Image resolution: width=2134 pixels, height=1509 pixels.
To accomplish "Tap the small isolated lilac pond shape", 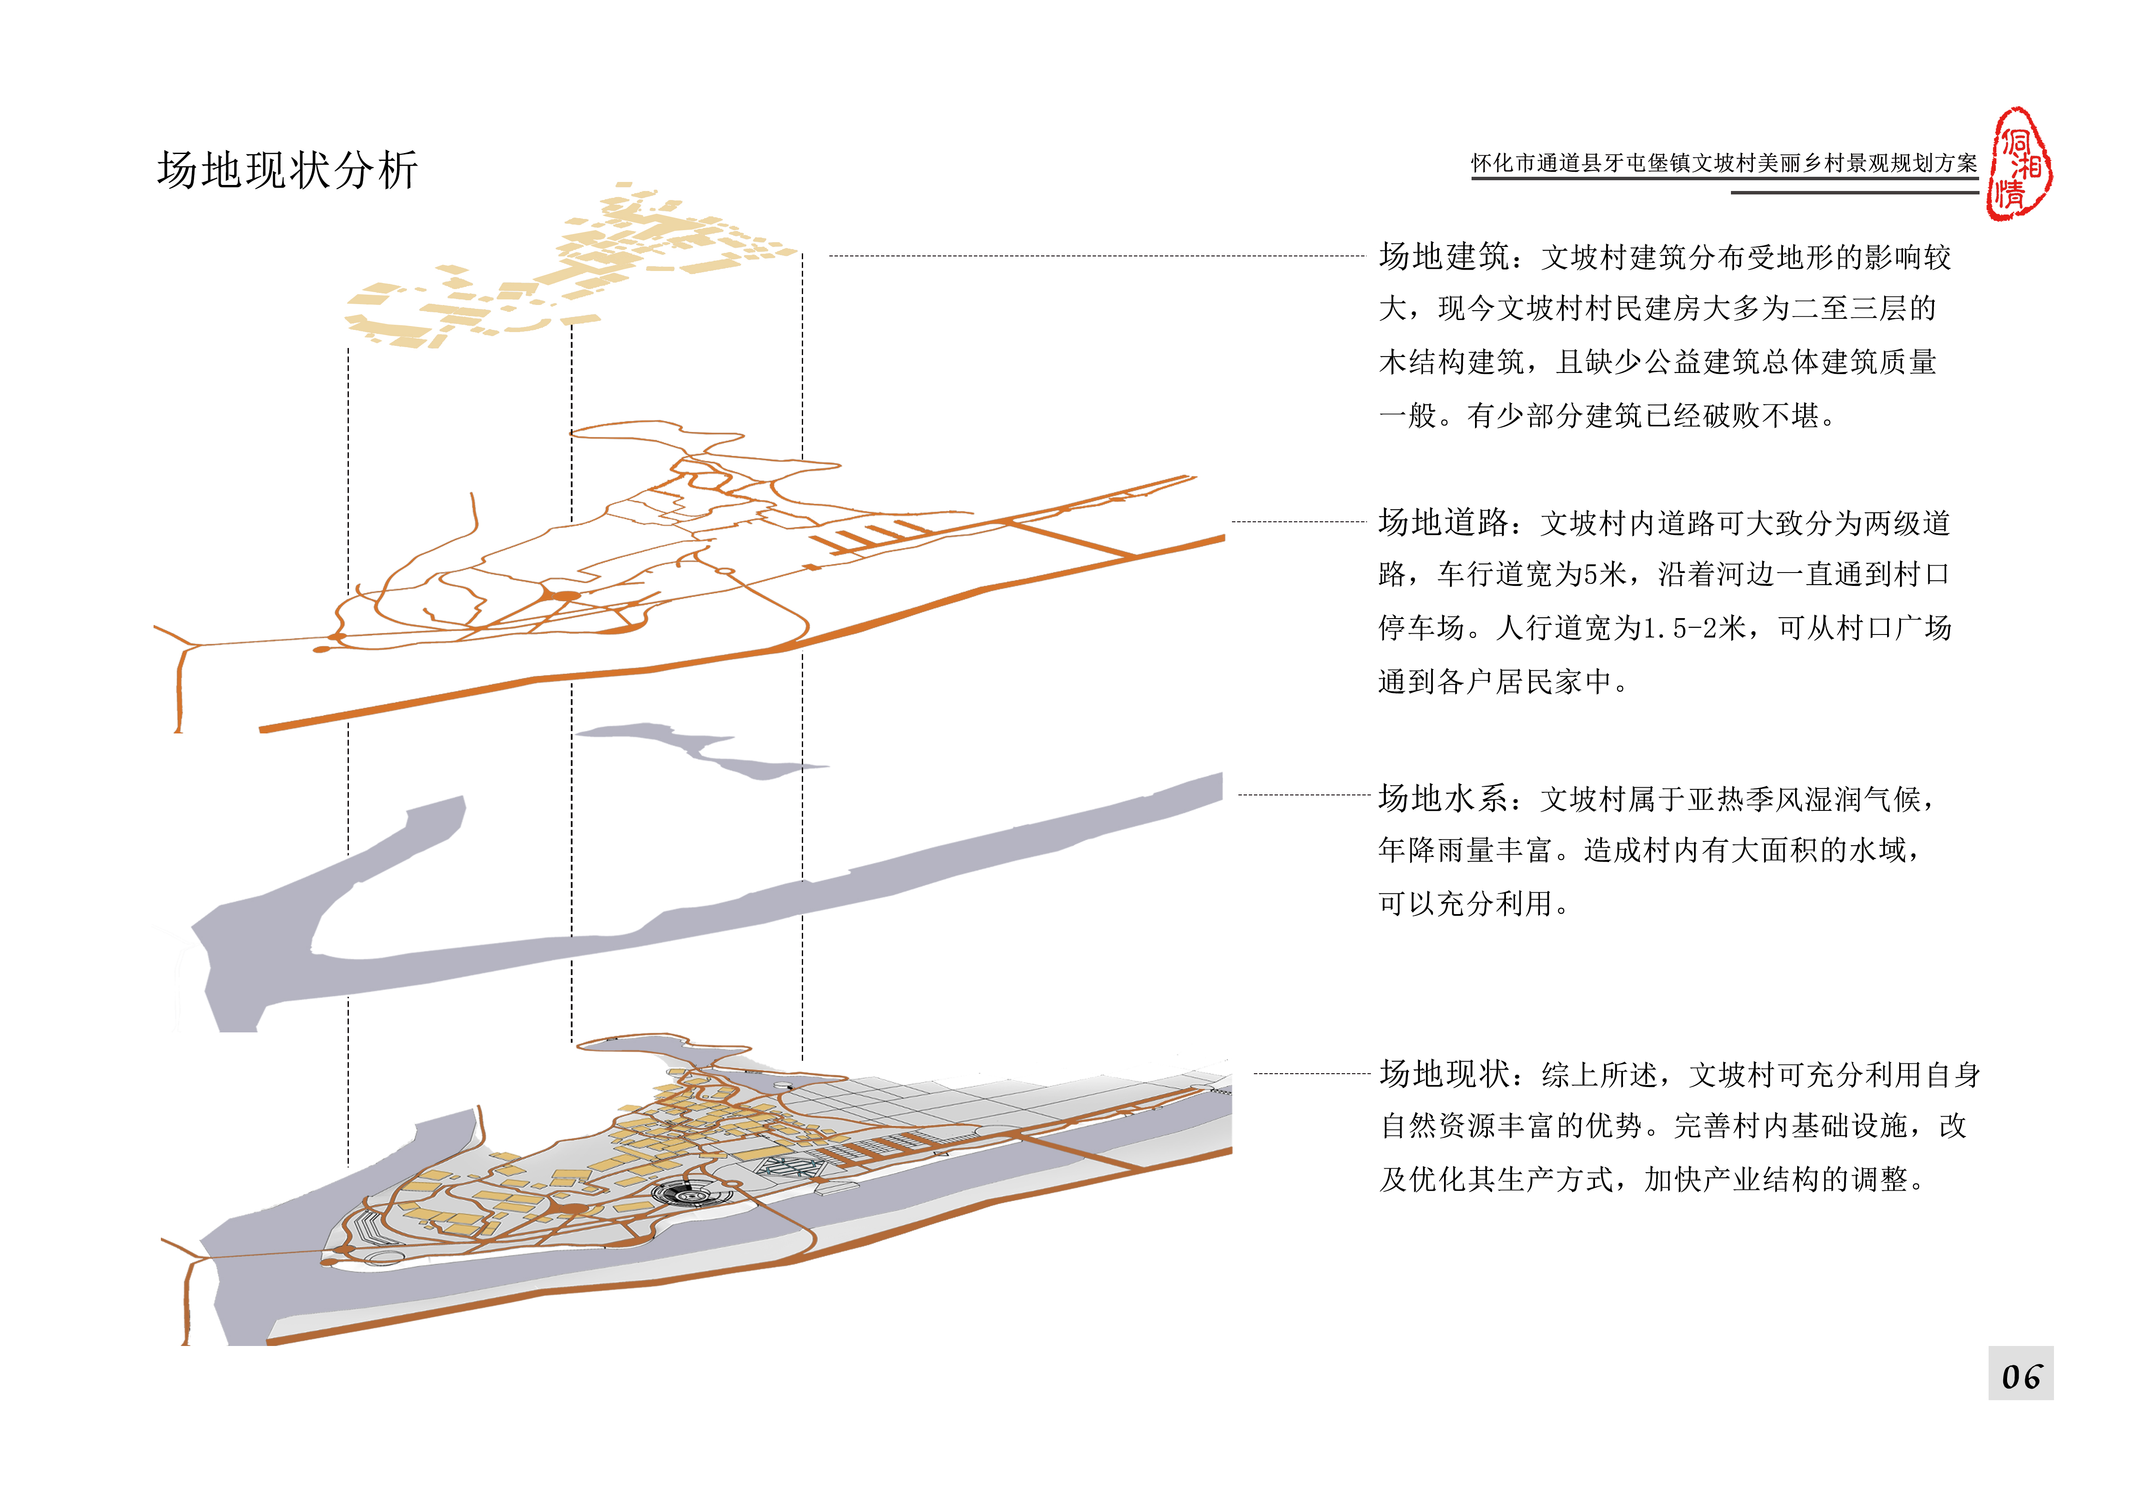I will click(x=697, y=748).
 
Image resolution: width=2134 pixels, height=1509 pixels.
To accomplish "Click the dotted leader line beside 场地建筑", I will click(x=1097, y=256).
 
